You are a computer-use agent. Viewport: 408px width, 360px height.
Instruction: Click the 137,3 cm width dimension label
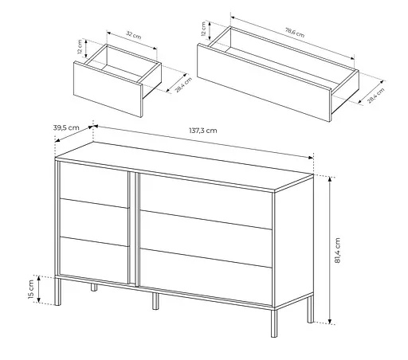[x=203, y=131]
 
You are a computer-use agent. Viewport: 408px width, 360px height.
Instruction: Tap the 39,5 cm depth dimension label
[x=66, y=127]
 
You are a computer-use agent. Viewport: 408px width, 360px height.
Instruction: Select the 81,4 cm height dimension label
[x=337, y=250]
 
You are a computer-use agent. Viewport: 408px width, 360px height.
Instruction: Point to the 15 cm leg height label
[x=31, y=288]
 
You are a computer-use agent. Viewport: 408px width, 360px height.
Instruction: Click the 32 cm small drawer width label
[x=133, y=35]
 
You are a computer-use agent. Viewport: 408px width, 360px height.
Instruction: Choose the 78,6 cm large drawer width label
[x=295, y=32]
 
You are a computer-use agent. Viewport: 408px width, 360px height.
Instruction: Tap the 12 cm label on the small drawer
[x=80, y=47]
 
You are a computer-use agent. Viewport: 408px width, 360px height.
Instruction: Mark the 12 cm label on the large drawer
[x=204, y=29]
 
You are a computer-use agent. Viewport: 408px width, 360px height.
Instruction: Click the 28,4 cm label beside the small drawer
[x=183, y=84]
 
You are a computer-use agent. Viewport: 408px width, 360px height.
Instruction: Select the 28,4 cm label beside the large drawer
[x=376, y=96]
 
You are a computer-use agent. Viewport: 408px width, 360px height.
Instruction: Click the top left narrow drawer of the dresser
[x=94, y=185]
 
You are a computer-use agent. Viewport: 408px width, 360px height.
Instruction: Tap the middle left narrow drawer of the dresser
[x=95, y=222]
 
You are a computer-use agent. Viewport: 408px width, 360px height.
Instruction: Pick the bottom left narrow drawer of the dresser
[x=95, y=260]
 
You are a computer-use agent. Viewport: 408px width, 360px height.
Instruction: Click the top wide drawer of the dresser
[x=206, y=202]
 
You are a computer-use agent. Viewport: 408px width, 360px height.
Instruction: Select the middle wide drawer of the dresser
[x=206, y=239]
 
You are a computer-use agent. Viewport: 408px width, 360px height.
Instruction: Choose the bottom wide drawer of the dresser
[x=206, y=277]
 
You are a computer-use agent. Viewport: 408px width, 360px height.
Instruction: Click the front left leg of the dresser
[x=57, y=292]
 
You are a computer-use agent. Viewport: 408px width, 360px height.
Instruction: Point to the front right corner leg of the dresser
[x=274, y=323]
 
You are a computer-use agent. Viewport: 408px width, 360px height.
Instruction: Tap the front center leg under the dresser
[x=155, y=301]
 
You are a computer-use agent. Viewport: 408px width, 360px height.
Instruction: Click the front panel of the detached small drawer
[x=108, y=89]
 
